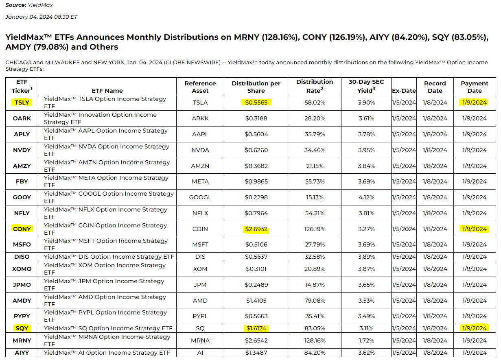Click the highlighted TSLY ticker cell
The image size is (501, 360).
[x=22, y=103]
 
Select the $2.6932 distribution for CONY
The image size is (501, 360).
[x=256, y=229]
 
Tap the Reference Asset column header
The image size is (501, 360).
[x=200, y=87]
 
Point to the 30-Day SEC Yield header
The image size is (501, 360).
[x=366, y=86]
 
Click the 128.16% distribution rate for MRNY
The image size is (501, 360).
[x=315, y=340]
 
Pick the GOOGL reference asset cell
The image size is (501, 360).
[x=200, y=197]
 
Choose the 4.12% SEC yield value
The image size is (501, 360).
[x=366, y=197]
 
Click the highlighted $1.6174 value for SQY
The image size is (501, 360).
[x=256, y=328]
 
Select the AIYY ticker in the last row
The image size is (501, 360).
[x=22, y=353]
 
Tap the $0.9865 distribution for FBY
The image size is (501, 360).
[x=256, y=181]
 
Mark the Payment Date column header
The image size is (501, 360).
[x=474, y=87]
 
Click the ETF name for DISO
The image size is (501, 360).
[x=109, y=257]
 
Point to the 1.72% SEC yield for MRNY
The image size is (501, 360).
[x=366, y=340]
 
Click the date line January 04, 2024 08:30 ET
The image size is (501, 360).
[x=41, y=17]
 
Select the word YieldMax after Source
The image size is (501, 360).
[x=41, y=5]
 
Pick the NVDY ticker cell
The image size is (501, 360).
[x=22, y=150]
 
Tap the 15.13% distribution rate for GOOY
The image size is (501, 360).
[x=315, y=197]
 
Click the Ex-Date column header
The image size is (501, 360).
[x=404, y=91]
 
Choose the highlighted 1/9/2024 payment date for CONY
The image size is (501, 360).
[x=474, y=229]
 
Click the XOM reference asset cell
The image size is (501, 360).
[x=200, y=269]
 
